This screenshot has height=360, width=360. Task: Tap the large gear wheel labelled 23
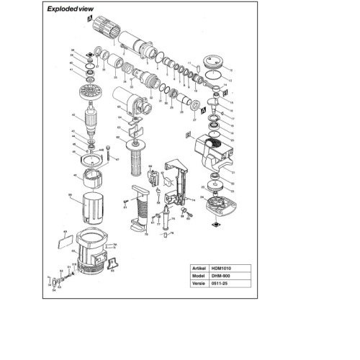pyautogui.click(x=213, y=193)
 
